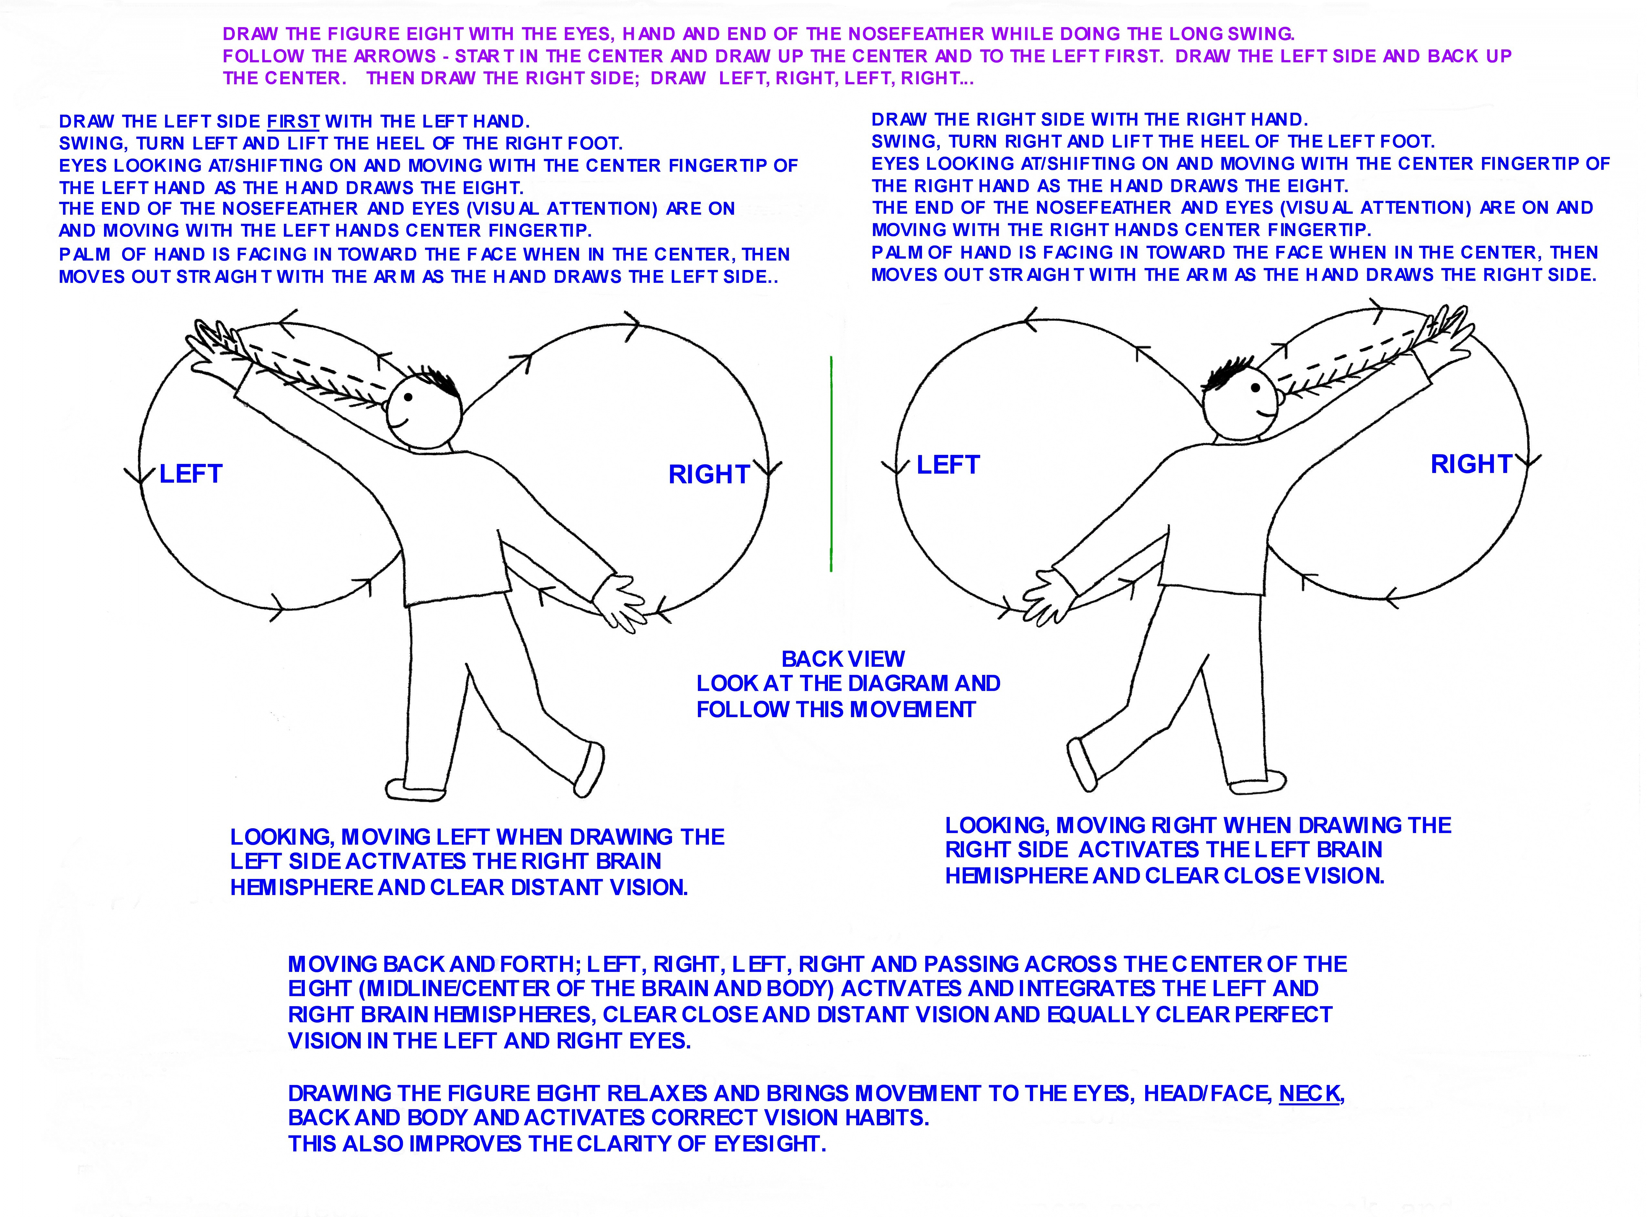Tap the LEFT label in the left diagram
(x=191, y=474)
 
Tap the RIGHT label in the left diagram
(x=709, y=474)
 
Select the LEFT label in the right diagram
(x=948, y=465)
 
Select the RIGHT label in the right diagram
(x=1471, y=464)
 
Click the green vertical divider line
(x=831, y=464)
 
